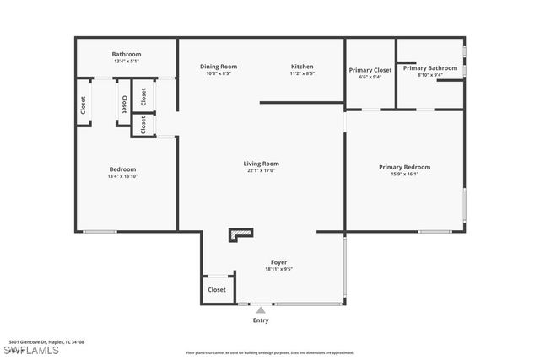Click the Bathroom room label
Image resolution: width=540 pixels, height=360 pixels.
click(127, 55)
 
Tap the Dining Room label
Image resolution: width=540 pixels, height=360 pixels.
click(219, 67)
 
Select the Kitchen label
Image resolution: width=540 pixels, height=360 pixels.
click(302, 67)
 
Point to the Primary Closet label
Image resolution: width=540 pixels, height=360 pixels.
click(370, 70)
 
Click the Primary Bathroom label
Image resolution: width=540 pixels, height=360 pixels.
click(429, 68)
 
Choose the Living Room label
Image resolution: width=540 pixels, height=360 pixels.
click(262, 164)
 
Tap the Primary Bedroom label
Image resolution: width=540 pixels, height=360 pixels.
click(404, 167)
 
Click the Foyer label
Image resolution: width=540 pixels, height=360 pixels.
click(278, 262)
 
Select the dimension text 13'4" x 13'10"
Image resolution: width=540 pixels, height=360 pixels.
click(122, 176)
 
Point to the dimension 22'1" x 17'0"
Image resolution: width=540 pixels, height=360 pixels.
click(262, 171)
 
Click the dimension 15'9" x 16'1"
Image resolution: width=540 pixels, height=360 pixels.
click(404, 175)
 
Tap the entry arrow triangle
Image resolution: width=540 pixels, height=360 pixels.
click(261, 310)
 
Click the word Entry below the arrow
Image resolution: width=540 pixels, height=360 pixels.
click(261, 320)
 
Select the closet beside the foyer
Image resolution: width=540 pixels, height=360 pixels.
click(217, 289)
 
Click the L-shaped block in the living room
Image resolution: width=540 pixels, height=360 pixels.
click(240, 234)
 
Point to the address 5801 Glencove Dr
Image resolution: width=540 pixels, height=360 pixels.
click(46, 342)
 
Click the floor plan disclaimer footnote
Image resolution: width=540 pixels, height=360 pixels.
click(269, 352)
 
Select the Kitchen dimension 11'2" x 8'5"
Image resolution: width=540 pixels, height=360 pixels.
click(302, 74)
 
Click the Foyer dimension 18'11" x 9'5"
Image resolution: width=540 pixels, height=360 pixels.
click(278, 270)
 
